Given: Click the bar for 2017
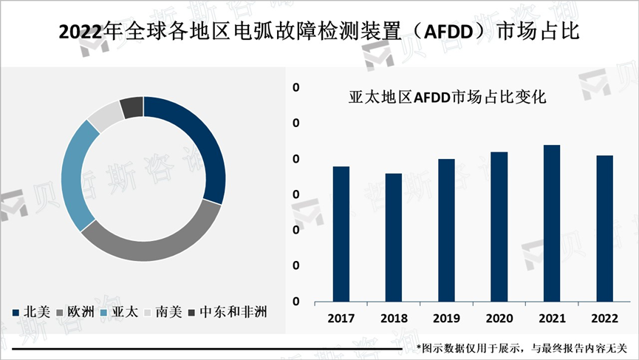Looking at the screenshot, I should pos(341,234).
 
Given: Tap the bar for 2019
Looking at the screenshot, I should pos(446,231).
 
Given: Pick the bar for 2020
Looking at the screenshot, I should pos(499,227).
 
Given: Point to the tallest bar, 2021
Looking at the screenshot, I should pos(552,223).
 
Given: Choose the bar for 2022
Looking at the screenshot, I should pos(604,228).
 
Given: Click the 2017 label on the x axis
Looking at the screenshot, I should pos(341,318).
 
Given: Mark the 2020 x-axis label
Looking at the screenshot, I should pos(499,318).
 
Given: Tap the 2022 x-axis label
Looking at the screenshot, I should pos(604,318).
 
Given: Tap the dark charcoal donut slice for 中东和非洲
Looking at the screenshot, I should pos(131,106).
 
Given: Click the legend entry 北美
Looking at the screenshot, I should pos(31,311).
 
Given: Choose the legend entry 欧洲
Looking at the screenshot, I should pos(74,311).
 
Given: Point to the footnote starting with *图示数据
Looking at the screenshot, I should pos(522,347).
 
